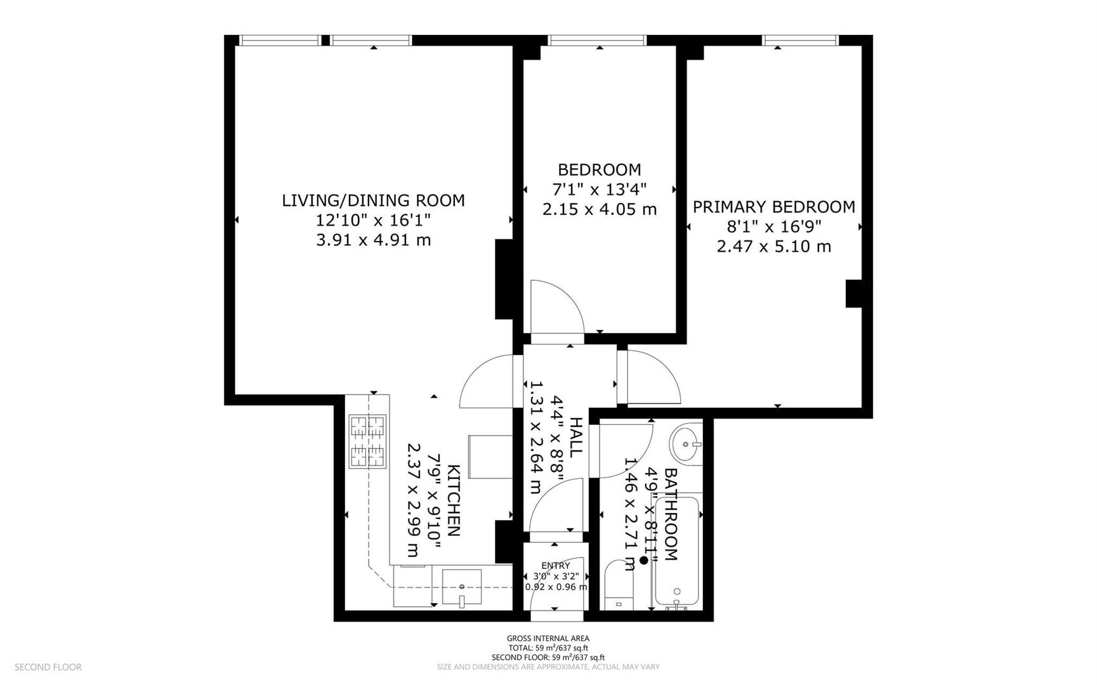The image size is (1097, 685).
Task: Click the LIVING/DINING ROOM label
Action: coord(373,200)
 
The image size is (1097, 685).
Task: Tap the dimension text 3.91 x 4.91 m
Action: coord(373,240)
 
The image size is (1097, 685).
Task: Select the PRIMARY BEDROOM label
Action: coord(773,207)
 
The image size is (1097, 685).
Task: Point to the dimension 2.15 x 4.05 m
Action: coord(599,209)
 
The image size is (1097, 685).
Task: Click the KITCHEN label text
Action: coord(453,500)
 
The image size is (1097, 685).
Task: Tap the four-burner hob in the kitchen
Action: coord(368,441)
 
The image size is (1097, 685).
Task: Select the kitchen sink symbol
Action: coord(462,588)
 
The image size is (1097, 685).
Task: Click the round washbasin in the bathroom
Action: coord(685,443)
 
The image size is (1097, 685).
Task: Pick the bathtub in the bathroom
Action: coord(678,552)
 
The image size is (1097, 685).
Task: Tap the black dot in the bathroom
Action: coord(644,560)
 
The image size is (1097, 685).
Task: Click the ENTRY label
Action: coord(555,566)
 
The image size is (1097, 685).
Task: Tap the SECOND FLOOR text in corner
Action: coord(48,667)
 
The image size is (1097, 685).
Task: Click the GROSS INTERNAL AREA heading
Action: coord(548,638)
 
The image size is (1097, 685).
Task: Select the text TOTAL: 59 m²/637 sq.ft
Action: coord(548,648)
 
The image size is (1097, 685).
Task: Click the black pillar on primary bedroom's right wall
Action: coord(854,294)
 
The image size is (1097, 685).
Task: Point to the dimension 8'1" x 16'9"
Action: coord(773,226)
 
